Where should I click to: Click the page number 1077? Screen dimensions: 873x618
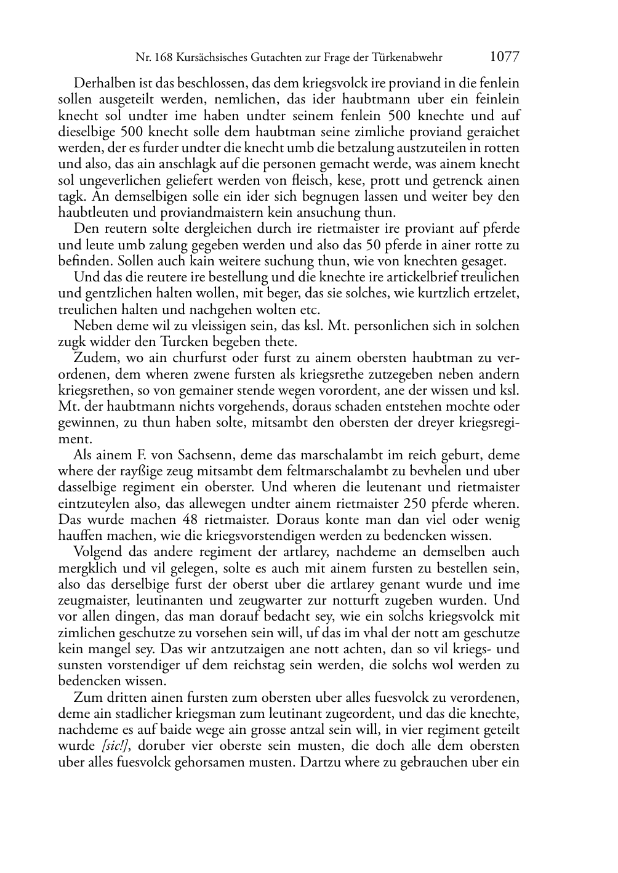pyautogui.click(x=504, y=57)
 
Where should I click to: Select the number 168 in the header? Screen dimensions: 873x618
pyautogui.click(x=165, y=58)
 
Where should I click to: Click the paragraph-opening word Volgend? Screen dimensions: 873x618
pyautogui.click(x=95, y=552)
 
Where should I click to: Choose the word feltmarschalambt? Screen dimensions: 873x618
pyautogui.click(x=320, y=472)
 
